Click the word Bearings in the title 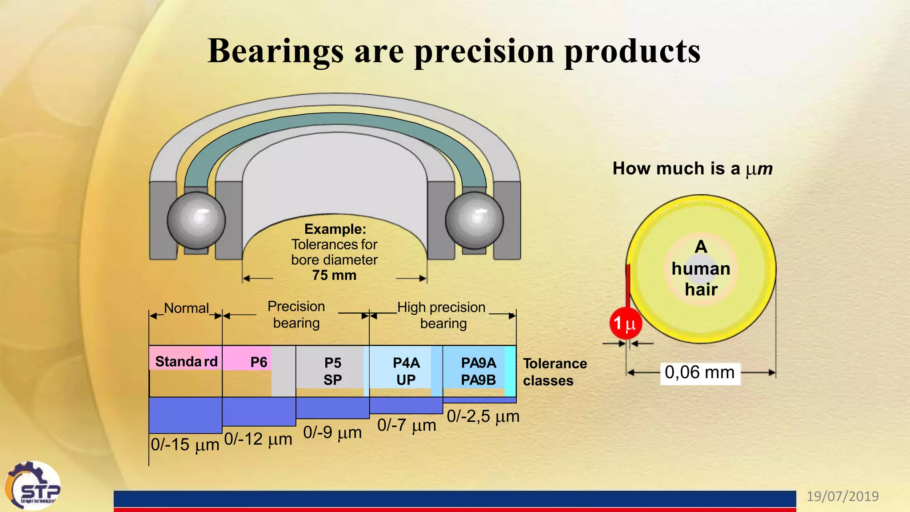click(x=275, y=51)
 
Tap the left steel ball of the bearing click(x=196, y=220)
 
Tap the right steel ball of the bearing click(x=474, y=220)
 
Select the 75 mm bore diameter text click(x=334, y=275)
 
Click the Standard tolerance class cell click(x=186, y=362)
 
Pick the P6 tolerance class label click(x=259, y=362)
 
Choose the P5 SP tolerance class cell click(x=332, y=371)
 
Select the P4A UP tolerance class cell click(x=406, y=371)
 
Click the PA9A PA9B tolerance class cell click(x=479, y=371)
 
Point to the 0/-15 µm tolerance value click(x=185, y=444)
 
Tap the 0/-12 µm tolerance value click(x=258, y=439)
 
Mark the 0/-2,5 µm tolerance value click(x=483, y=416)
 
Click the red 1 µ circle click(x=625, y=323)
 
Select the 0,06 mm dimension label click(x=700, y=372)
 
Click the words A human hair click(x=701, y=268)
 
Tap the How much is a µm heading click(x=692, y=168)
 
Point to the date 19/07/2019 click(x=842, y=496)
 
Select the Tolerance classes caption click(x=555, y=372)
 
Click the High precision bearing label click(x=442, y=315)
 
